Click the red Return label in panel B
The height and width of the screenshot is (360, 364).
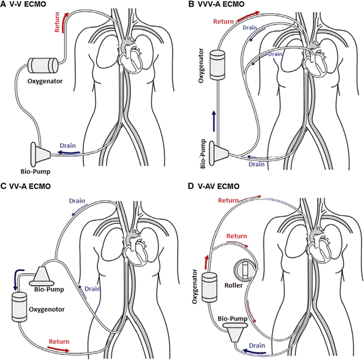(223, 22)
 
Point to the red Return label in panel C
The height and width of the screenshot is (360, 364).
(59, 341)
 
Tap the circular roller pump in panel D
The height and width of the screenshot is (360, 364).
(245, 270)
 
